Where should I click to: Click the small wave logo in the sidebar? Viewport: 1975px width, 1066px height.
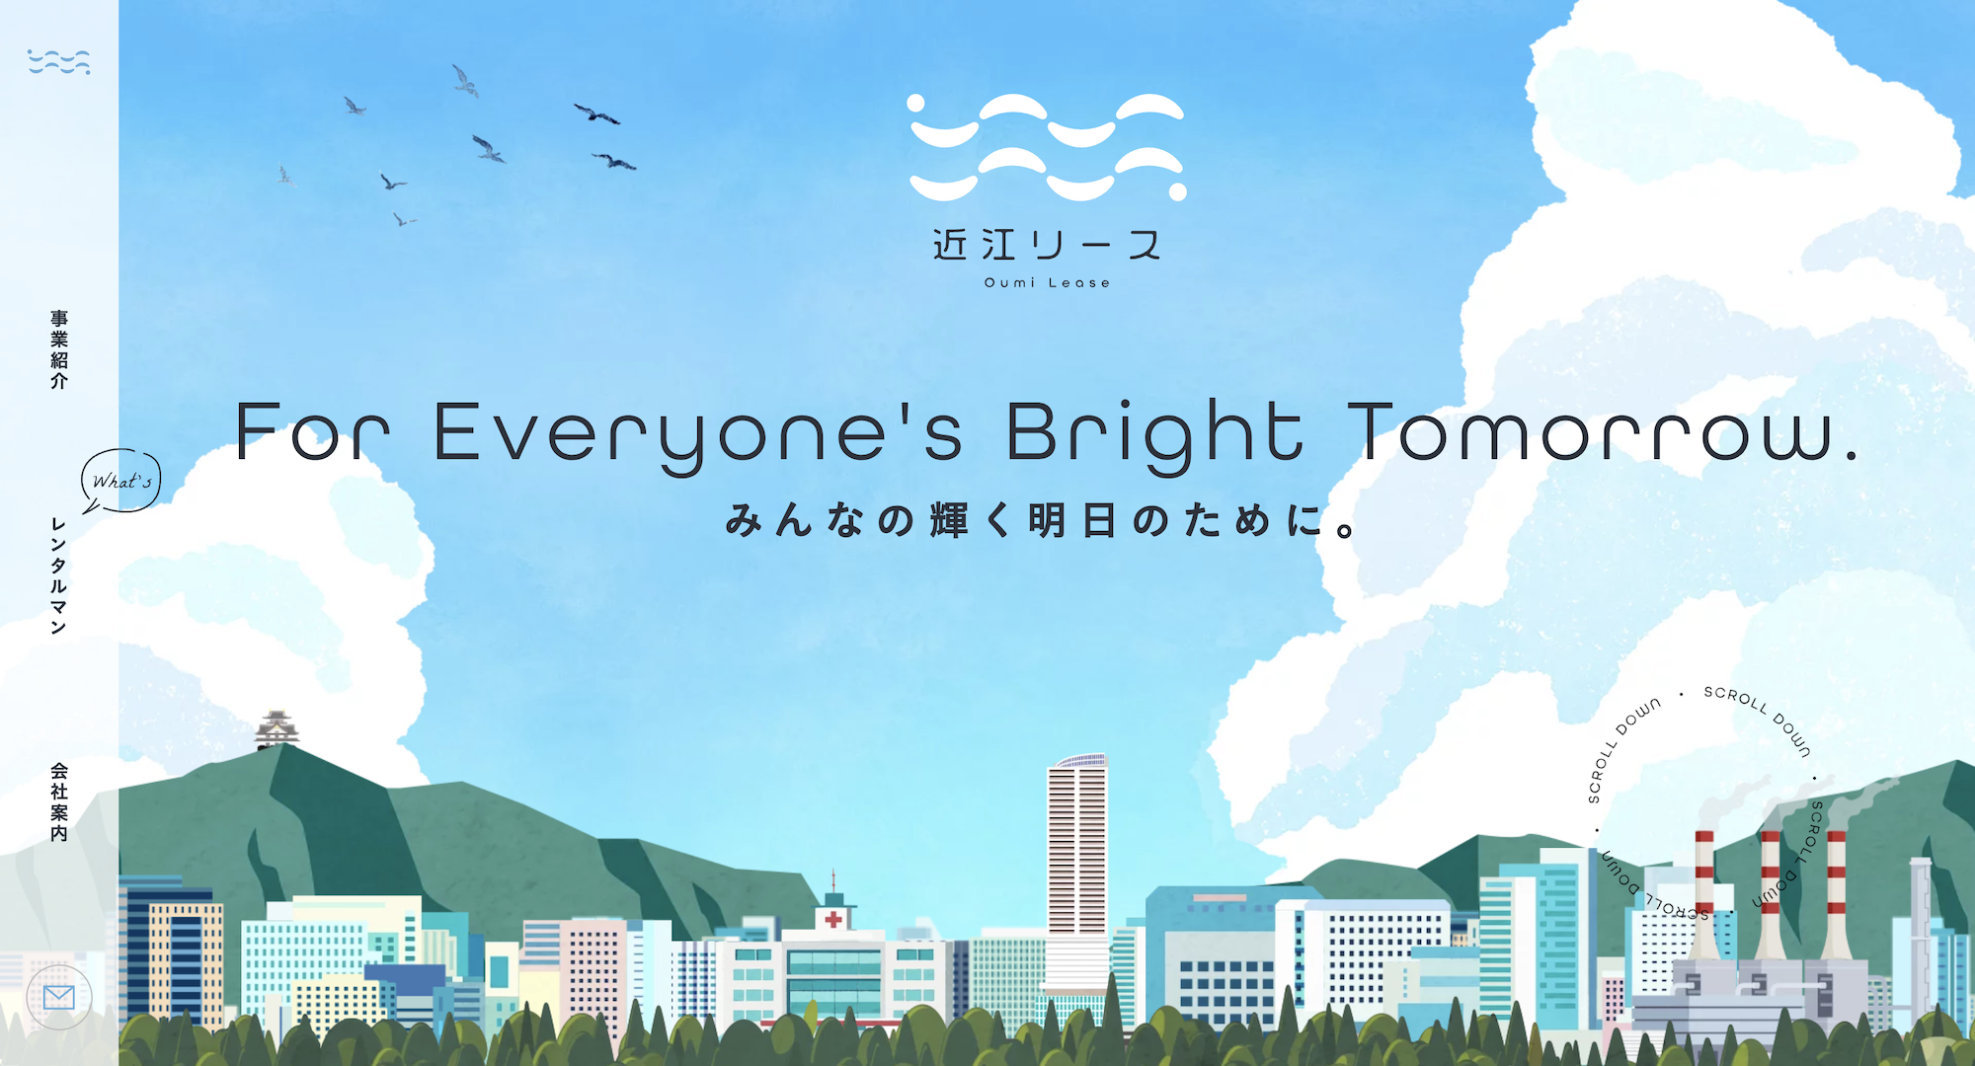[59, 61]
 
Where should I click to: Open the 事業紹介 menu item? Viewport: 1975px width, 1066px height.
[59, 349]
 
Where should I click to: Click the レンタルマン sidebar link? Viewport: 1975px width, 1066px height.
[59, 575]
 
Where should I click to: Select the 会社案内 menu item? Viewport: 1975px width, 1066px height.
[59, 801]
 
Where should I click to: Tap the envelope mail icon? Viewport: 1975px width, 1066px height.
[59, 997]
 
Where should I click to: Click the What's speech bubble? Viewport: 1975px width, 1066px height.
[121, 481]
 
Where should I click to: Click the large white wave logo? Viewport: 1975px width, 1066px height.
[1047, 147]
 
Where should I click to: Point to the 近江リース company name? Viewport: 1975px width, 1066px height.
[1047, 245]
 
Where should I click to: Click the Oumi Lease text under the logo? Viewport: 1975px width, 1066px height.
[1047, 283]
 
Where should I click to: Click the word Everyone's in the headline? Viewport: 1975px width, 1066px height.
[698, 434]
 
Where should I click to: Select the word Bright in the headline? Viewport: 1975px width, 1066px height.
[1154, 434]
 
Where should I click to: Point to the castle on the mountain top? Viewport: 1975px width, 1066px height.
[276, 729]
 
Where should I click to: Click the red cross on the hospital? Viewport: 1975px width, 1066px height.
[834, 919]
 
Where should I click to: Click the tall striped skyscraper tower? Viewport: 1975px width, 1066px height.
[1077, 869]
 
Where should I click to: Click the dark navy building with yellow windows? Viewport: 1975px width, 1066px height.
[174, 957]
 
